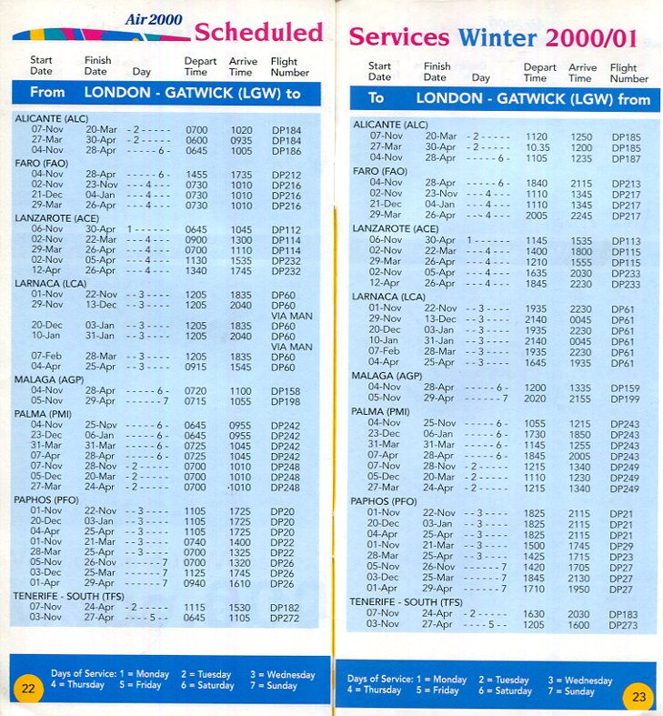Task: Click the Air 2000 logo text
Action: pos(146,19)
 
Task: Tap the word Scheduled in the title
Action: pos(258,33)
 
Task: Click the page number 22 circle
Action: pos(28,689)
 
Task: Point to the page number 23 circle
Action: pos(638,698)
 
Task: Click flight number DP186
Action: pos(286,151)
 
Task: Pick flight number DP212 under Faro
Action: pos(286,174)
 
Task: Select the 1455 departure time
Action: pos(196,174)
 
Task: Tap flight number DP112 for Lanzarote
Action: pos(286,229)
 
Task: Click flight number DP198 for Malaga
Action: pos(286,401)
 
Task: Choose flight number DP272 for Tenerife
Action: pos(286,618)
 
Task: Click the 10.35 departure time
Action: pos(537,147)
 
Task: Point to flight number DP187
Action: pos(626,158)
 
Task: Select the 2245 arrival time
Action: pos(581,216)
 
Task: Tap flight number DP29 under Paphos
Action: pos(622,546)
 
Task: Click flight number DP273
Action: pos(624,624)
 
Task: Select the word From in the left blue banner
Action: pos(47,92)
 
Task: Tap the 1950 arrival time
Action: pos(581,590)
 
